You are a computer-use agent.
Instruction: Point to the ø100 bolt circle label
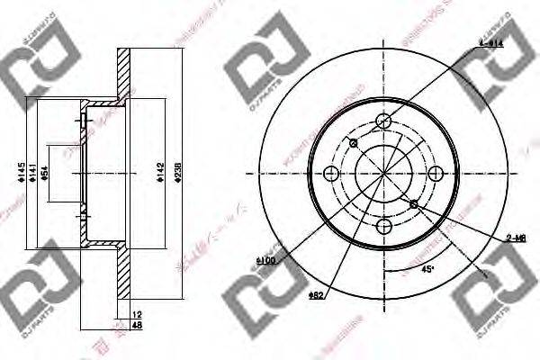[x=265, y=260]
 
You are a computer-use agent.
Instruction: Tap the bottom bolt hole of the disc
[x=384, y=226]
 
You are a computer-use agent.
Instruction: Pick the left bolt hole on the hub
[x=332, y=174]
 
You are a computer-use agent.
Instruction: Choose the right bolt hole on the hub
[x=436, y=174]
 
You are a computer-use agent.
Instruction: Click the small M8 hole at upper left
[x=353, y=142]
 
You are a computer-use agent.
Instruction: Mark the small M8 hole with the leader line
[x=415, y=205]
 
